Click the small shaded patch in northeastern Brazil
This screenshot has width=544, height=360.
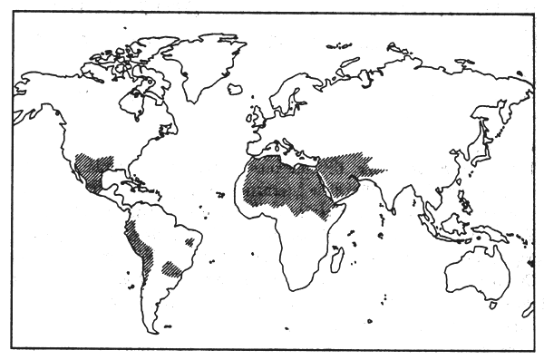pos(189,242)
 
